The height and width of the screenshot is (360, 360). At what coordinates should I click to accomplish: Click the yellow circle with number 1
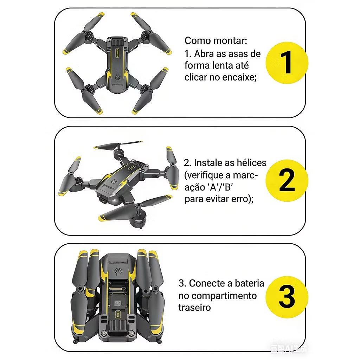click(x=287, y=63)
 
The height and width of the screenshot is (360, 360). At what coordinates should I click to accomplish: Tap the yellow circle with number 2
click(x=287, y=180)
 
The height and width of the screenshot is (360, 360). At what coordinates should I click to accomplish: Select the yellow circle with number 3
click(x=287, y=297)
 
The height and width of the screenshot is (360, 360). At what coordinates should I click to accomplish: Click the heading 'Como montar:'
click(x=216, y=41)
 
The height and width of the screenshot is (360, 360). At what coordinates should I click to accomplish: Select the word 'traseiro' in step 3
click(x=194, y=307)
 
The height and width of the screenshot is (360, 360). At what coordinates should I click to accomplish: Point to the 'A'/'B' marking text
click(x=220, y=187)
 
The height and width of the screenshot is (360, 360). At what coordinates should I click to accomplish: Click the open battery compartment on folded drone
click(x=118, y=296)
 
